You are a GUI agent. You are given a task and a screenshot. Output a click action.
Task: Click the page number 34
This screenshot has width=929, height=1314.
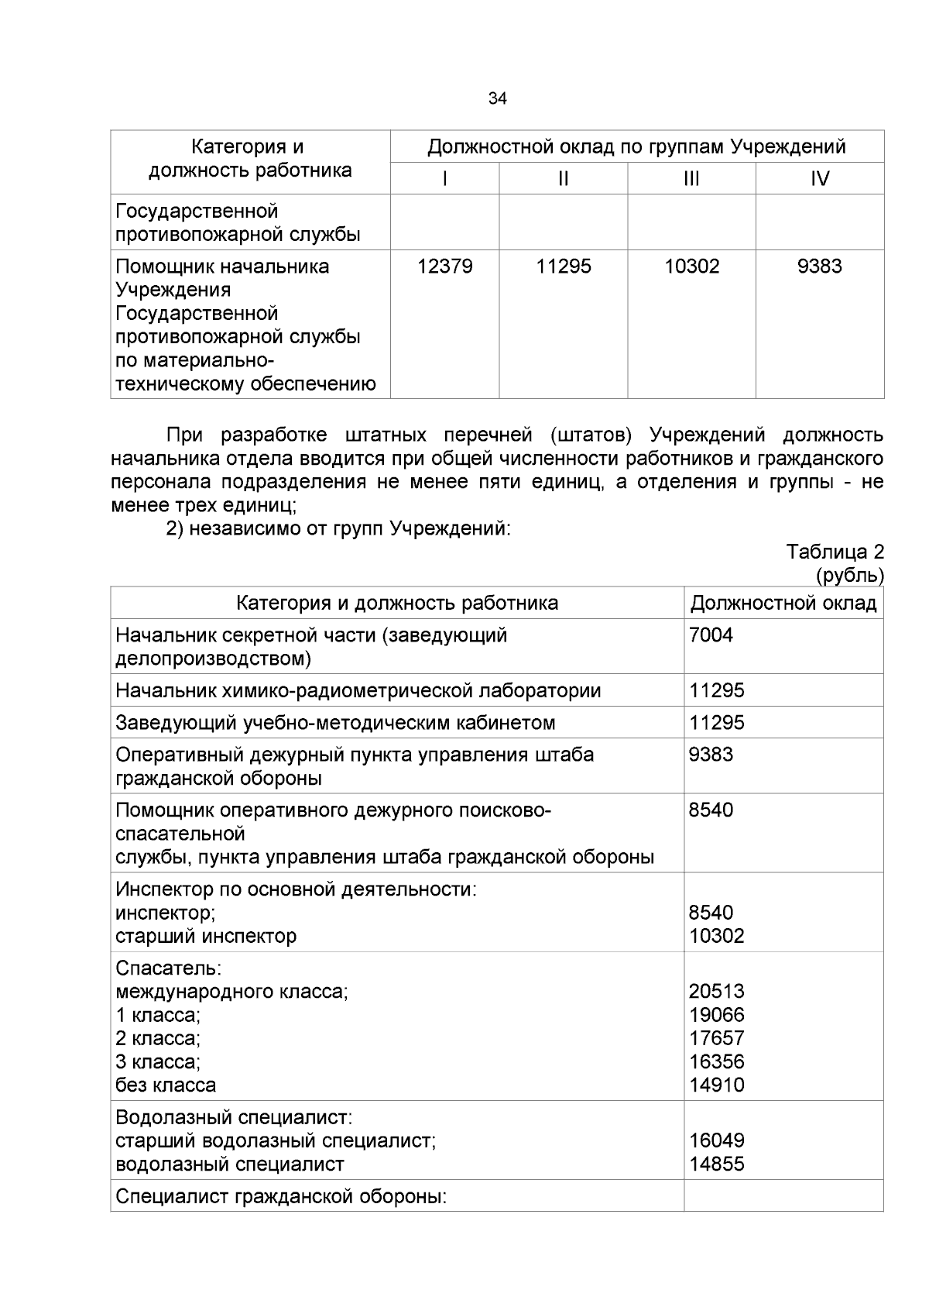point(498,98)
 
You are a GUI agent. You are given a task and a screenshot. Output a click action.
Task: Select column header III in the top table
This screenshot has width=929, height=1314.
point(691,179)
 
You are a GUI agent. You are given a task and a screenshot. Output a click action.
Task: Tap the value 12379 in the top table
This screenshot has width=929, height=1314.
point(444,267)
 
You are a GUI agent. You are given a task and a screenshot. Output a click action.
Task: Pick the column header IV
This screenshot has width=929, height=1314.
point(819,179)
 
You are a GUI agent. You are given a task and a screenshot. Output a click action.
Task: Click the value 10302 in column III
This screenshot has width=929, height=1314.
point(691,267)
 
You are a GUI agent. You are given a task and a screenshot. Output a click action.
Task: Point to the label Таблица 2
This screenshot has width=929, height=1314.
point(835,552)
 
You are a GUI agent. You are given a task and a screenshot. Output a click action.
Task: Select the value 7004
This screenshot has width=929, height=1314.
point(711,635)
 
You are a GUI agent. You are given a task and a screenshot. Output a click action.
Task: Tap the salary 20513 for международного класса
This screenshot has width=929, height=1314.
point(717,991)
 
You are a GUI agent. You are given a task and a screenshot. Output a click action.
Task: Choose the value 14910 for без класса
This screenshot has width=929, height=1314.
point(717,1085)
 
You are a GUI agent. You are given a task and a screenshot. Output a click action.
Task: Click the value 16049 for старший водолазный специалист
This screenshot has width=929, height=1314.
point(717,1140)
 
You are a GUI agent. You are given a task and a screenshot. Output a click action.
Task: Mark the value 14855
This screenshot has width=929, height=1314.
point(717,1164)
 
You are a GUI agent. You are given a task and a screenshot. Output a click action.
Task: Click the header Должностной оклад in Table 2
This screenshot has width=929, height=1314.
point(783,603)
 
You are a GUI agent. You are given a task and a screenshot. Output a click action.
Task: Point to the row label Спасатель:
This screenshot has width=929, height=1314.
point(169,968)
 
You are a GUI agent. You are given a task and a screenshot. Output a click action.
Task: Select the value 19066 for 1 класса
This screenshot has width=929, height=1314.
point(717,1014)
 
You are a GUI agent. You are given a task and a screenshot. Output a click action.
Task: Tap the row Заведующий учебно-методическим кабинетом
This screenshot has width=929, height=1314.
point(335,723)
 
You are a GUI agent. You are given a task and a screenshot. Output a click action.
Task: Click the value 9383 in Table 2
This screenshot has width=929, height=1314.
point(711,755)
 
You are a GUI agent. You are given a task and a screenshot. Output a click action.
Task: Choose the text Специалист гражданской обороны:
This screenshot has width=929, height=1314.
point(282,1196)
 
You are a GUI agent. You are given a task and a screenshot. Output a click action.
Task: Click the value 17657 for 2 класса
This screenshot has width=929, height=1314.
point(717,1037)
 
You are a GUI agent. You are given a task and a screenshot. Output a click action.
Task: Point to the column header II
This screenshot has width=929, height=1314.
point(563,179)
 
